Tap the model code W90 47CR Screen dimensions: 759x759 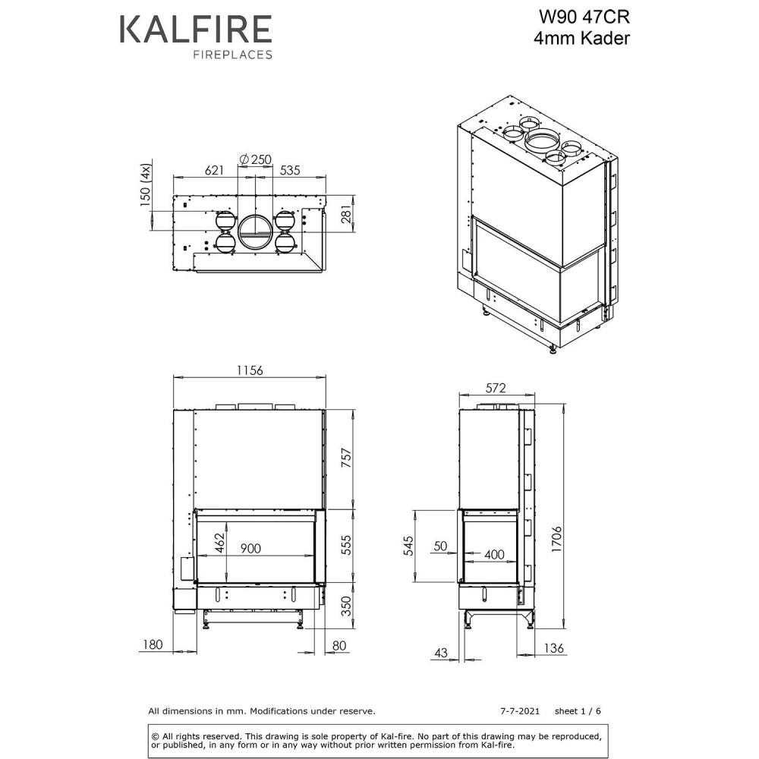pyautogui.click(x=584, y=17)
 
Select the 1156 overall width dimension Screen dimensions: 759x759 pyautogui.click(x=250, y=370)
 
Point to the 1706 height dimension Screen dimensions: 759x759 pyautogui.click(x=556, y=539)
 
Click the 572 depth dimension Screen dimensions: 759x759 pyautogui.click(x=496, y=388)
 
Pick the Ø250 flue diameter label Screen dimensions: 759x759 pyautogui.click(x=255, y=159)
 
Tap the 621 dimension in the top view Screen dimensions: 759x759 pyautogui.click(x=215, y=170)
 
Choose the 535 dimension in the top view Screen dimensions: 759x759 pyautogui.click(x=290, y=170)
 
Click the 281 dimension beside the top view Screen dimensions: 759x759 pyautogui.click(x=347, y=214)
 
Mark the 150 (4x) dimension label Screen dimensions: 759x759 pyautogui.click(x=145, y=185)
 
